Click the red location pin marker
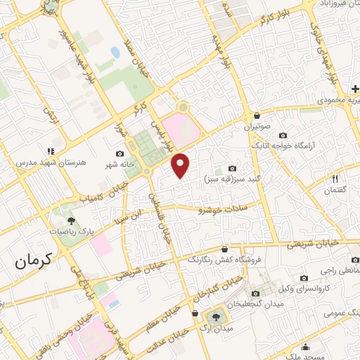(181, 165)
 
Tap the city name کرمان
(33, 264)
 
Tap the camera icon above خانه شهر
(120, 153)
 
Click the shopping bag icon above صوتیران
(257, 115)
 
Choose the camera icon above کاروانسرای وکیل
(304, 278)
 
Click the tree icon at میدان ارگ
(212, 317)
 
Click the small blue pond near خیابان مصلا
(115, 53)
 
